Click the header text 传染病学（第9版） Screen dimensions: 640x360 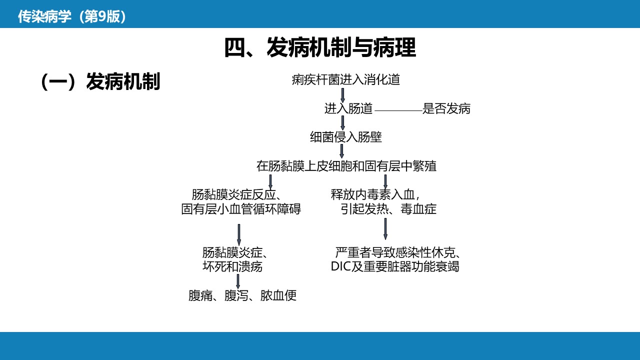(72, 16)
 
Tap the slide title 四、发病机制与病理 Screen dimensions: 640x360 (320, 47)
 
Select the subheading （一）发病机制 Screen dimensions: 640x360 (100, 81)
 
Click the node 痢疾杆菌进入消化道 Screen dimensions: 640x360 (345, 79)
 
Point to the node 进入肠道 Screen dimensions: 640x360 (348, 108)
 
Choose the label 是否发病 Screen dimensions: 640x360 (446, 108)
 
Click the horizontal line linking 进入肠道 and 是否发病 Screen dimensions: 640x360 (398, 110)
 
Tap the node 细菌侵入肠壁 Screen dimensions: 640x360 (345, 137)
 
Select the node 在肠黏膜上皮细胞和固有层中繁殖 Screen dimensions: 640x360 (346, 166)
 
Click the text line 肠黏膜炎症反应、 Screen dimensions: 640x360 (237, 194)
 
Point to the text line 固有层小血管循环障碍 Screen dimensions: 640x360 (241, 209)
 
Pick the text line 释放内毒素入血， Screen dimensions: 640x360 (375, 194)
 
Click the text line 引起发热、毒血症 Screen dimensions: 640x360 (388, 209)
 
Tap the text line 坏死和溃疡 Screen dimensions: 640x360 (232, 266)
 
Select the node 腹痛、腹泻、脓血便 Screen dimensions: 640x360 (242, 295)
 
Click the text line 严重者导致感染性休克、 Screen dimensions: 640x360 (397, 252)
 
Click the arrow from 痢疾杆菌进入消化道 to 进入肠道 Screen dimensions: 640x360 (342, 95)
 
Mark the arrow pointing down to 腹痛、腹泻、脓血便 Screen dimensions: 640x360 (237, 281)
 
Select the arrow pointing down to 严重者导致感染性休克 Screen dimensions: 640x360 (385, 229)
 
